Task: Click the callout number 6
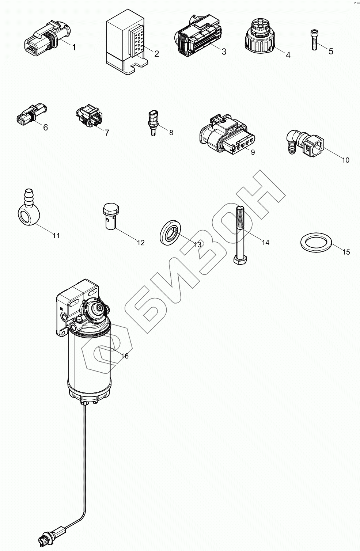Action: tap(45, 128)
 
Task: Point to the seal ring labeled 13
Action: tap(171, 233)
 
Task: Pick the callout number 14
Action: tap(265, 242)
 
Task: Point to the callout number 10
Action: tap(345, 160)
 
